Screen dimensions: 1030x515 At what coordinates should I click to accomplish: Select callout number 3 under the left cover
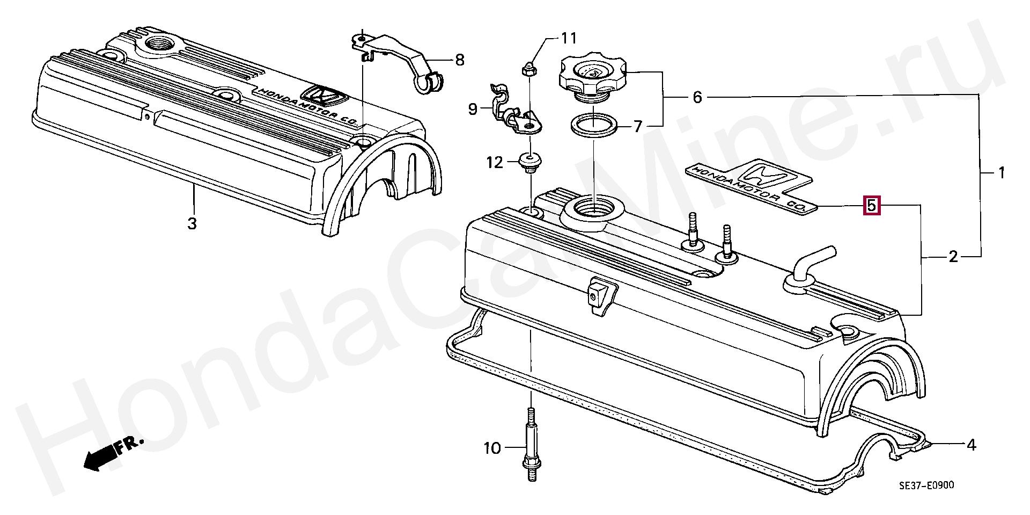tap(192, 223)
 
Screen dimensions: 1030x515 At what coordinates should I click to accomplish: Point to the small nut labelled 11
tap(526, 68)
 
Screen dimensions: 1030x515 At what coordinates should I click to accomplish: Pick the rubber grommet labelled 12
tap(531, 161)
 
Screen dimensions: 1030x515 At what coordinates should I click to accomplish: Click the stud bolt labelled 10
tap(531, 448)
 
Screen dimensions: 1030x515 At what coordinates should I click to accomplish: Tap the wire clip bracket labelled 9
tap(515, 114)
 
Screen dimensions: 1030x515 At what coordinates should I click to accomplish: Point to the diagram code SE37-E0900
tap(926, 485)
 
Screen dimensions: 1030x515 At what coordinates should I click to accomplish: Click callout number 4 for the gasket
tap(971, 445)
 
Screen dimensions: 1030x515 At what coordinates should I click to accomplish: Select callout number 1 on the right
tap(1000, 173)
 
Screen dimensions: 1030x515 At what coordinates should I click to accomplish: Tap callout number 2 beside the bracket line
tap(953, 257)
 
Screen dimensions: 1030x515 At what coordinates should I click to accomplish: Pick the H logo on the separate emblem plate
tap(764, 175)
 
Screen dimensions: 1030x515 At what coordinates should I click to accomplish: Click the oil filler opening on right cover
tap(593, 207)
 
